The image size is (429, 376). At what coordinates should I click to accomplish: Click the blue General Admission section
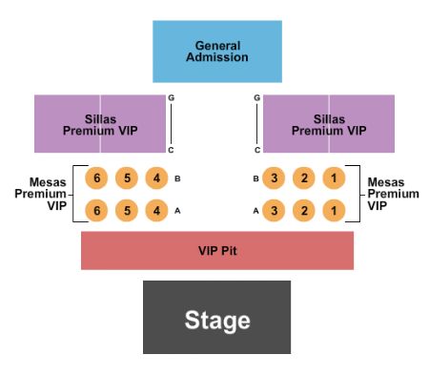point(217,52)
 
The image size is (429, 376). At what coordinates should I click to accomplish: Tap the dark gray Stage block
point(217,319)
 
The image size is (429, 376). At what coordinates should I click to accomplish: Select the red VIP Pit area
point(217,250)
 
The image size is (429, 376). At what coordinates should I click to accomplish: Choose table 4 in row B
point(155,178)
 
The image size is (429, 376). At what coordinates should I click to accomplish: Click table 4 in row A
point(155,211)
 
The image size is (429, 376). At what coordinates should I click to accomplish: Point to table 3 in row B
point(274,178)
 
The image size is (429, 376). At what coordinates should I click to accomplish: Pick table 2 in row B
point(304,178)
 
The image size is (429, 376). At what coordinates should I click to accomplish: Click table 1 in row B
point(335,178)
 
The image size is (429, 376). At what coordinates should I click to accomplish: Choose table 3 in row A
point(274,211)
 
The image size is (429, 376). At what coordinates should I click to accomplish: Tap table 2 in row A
point(304,211)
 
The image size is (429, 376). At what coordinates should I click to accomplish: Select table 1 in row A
point(335,211)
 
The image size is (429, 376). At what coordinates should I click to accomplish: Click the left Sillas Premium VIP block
point(100,124)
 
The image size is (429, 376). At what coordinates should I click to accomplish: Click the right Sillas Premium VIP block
point(329,124)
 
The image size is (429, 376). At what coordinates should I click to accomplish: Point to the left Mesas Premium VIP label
point(40,194)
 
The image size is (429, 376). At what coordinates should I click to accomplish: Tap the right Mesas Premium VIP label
point(392,194)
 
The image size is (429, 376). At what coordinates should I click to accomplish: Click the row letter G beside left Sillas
point(171,98)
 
